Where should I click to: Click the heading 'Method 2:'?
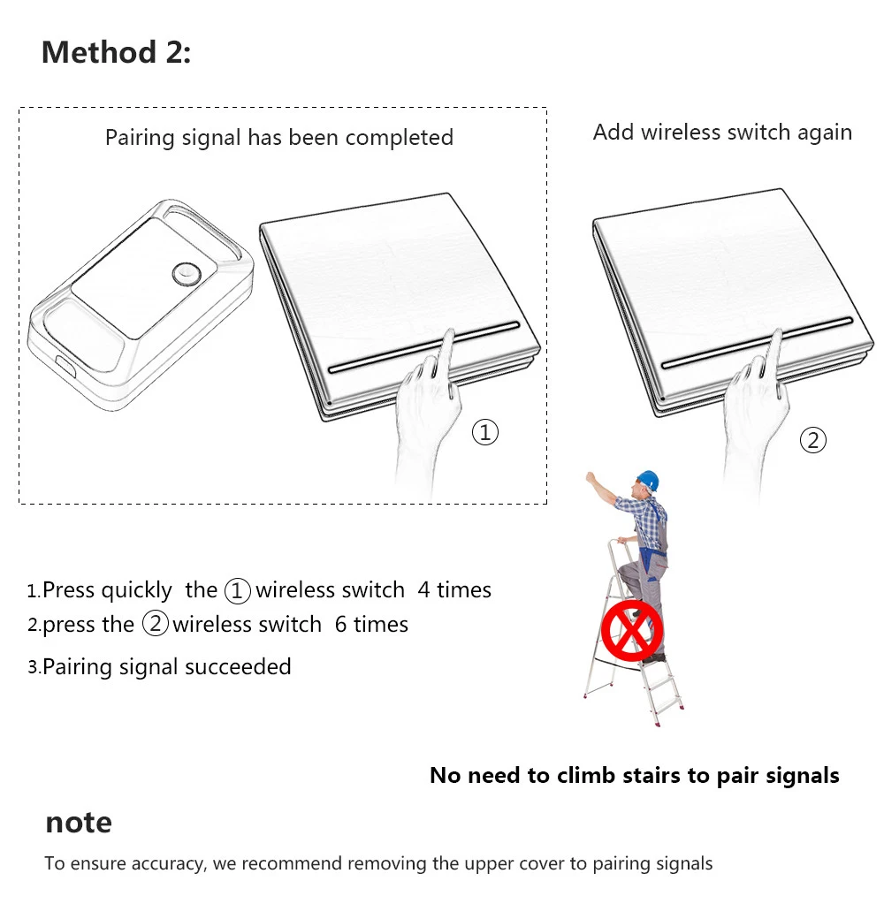click(x=116, y=53)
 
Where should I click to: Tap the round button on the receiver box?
click(x=187, y=275)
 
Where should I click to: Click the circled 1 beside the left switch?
click(x=485, y=432)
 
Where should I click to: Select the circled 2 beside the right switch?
click(x=812, y=440)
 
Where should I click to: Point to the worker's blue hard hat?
click(x=648, y=479)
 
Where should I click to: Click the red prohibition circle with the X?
click(x=632, y=629)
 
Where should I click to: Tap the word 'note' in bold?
click(x=79, y=823)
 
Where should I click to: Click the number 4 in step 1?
click(x=424, y=590)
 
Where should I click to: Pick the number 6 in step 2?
click(x=341, y=625)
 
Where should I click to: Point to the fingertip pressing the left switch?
click(x=449, y=335)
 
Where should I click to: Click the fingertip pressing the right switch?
click(x=777, y=335)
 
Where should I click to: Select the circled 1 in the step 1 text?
click(x=238, y=590)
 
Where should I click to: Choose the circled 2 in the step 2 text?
click(x=155, y=625)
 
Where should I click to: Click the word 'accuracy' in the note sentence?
click(x=166, y=863)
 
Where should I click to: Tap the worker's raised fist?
click(x=590, y=478)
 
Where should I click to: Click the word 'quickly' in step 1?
click(x=137, y=590)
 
